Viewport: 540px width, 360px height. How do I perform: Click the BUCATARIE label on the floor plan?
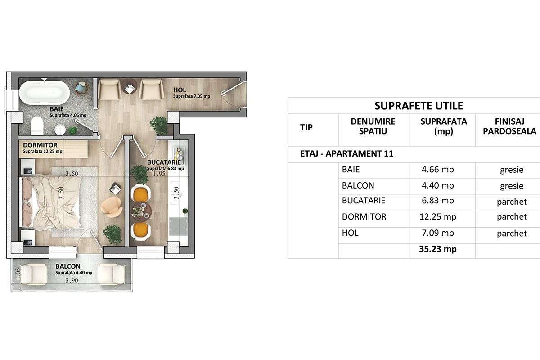pos(164,162)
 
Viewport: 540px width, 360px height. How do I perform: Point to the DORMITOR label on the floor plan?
pos(40,145)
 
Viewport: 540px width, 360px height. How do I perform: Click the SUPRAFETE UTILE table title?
pos(418,106)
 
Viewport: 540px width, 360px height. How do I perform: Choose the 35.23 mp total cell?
pos(437,249)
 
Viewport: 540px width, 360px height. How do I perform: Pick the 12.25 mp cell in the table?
pos(437,217)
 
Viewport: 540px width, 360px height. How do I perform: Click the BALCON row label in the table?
pos(358,185)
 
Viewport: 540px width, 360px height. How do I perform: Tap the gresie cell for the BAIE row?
pos(512,170)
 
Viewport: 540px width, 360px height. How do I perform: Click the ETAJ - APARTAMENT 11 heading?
pos(346,154)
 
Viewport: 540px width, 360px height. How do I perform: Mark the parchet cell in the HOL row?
pos(512,233)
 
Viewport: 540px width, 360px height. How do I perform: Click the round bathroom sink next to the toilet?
pos(60,130)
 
